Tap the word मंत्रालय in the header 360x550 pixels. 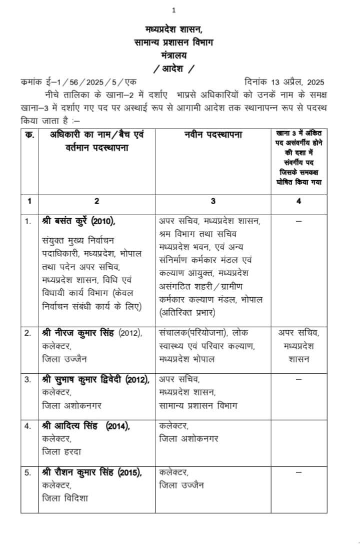coord(173,55)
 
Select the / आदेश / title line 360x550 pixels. coord(173,68)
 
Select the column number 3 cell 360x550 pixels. coord(213,201)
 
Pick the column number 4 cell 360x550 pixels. coord(299,201)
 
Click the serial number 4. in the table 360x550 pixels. coord(28,426)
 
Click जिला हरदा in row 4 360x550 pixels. coord(62,452)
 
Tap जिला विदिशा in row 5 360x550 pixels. coord(66,498)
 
